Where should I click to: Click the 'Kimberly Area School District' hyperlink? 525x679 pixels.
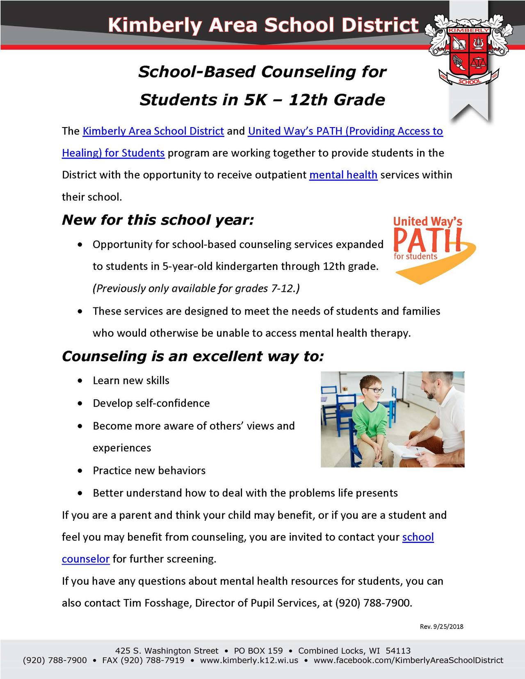point(153,131)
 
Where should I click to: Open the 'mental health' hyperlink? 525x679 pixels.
point(343,175)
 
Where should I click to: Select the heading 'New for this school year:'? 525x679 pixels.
point(158,220)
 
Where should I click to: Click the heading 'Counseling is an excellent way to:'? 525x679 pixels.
point(193,356)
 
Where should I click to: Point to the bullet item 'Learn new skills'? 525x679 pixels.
point(131,381)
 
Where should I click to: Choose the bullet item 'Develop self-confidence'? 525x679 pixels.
point(151,403)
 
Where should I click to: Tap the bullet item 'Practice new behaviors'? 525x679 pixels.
point(149,470)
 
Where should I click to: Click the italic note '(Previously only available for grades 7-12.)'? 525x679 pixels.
point(196,289)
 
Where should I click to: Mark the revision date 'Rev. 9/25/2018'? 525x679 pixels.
point(441,627)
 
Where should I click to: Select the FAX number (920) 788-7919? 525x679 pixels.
point(143,661)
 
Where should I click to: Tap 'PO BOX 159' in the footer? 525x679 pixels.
point(258,651)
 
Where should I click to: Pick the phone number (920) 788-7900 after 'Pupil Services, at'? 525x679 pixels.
point(372,603)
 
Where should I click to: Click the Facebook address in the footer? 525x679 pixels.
point(408,661)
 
